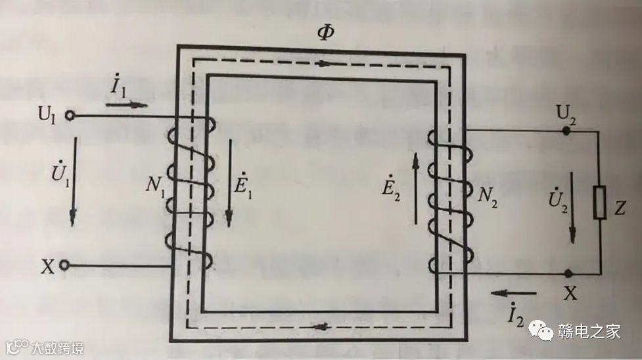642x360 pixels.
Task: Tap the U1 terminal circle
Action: coord(69,116)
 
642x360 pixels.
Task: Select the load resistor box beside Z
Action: coord(599,202)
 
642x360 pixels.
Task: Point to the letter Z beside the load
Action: coord(621,209)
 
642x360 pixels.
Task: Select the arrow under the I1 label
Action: coord(135,104)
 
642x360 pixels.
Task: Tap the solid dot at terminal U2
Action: coord(566,131)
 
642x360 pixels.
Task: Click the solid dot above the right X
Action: coord(566,272)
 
